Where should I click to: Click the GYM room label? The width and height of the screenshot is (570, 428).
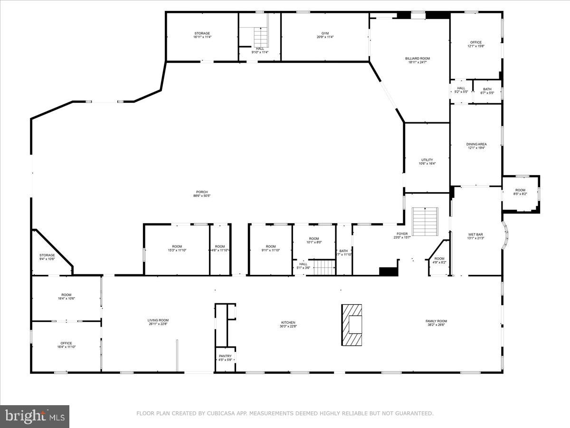point(325,33)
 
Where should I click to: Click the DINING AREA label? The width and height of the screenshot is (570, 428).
point(476,144)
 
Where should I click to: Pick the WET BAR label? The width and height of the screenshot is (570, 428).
point(476,234)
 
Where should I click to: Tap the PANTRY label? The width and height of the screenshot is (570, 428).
point(225,356)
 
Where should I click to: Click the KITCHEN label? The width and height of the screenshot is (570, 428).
point(288,322)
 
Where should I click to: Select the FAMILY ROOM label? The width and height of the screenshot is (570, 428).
point(436,321)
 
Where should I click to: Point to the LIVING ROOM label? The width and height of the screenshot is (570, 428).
point(158,320)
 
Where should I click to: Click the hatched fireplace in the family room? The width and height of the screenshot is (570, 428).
point(351,325)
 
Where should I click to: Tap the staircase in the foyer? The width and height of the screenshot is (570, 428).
point(425,221)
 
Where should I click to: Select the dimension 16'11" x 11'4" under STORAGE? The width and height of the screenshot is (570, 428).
point(202,37)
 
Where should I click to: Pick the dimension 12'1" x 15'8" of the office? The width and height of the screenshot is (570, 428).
point(476,46)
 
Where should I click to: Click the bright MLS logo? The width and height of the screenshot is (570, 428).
point(35,417)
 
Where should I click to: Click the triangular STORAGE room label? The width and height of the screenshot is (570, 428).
point(47,255)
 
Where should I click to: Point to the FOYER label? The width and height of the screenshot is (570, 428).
point(402,234)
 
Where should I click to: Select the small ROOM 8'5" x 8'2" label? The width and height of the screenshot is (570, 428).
point(520,190)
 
